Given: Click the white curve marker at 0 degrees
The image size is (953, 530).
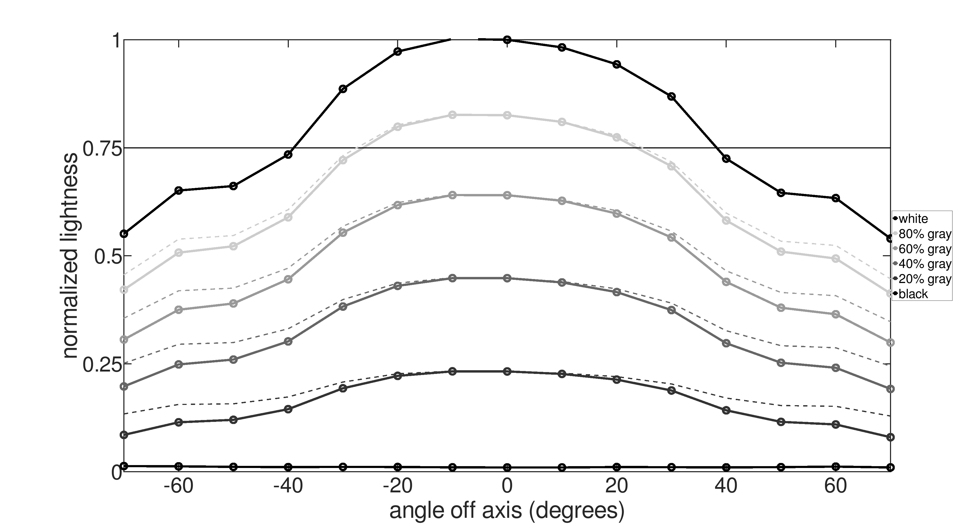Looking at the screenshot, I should [507, 40].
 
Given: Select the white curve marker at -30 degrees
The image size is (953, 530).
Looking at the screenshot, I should [343, 89].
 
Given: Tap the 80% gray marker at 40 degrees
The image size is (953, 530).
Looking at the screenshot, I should [726, 220].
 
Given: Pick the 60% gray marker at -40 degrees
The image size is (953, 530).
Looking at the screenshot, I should [288, 279].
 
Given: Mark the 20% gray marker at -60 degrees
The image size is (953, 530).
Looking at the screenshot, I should [179, 422].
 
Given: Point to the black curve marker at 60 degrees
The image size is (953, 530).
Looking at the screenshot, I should [836, 467].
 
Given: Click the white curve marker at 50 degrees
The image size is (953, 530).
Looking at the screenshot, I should [781, 193].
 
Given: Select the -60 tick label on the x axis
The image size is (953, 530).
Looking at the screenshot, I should [179, 486].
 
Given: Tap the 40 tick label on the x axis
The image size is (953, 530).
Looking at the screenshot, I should [726, 486].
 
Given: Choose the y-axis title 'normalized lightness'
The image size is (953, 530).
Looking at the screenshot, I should [70, 255].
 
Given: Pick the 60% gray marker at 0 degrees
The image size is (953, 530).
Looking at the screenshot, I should [507, 195].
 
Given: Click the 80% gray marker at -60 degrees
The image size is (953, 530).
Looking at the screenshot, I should [179, 253].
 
